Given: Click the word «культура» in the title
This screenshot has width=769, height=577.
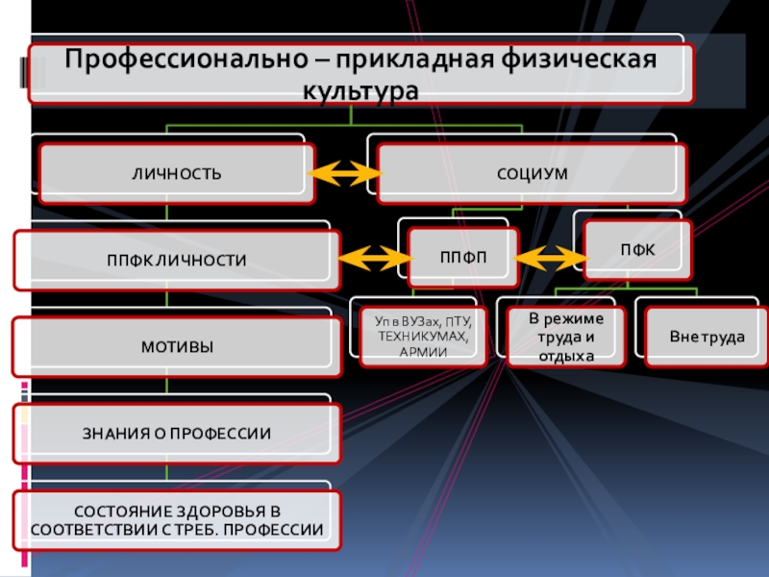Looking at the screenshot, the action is pos(361,92).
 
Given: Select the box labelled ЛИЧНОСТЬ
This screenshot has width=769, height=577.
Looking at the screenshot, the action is pos(177,174).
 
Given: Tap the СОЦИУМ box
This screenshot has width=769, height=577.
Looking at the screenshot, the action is pos(532,174).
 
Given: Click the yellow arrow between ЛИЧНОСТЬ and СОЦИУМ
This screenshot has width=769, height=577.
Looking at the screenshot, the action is pos(344,174).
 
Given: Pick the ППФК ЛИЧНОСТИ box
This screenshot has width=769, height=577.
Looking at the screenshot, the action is pos(177,260).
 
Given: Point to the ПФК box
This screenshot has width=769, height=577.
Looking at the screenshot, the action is pos(633,249).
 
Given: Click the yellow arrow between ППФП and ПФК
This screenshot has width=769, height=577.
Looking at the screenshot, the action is pos(551,257).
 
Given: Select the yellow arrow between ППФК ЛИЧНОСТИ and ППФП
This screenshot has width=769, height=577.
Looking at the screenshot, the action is pos(375,258).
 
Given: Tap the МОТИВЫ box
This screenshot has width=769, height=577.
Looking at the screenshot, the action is pos(177,346).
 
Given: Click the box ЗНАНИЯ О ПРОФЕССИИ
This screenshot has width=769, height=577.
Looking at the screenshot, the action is pos(177,433).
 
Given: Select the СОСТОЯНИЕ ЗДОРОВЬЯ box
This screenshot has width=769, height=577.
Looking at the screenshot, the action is pos(177,520).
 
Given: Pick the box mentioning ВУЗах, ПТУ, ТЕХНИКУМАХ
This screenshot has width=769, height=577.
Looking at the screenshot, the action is pos(424,336).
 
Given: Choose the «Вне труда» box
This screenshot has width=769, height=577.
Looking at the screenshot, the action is pos(707,338).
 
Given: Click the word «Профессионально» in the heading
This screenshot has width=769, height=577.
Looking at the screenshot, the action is pos(182,60).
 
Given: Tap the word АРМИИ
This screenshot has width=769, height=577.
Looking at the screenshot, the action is pos(424,352).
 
